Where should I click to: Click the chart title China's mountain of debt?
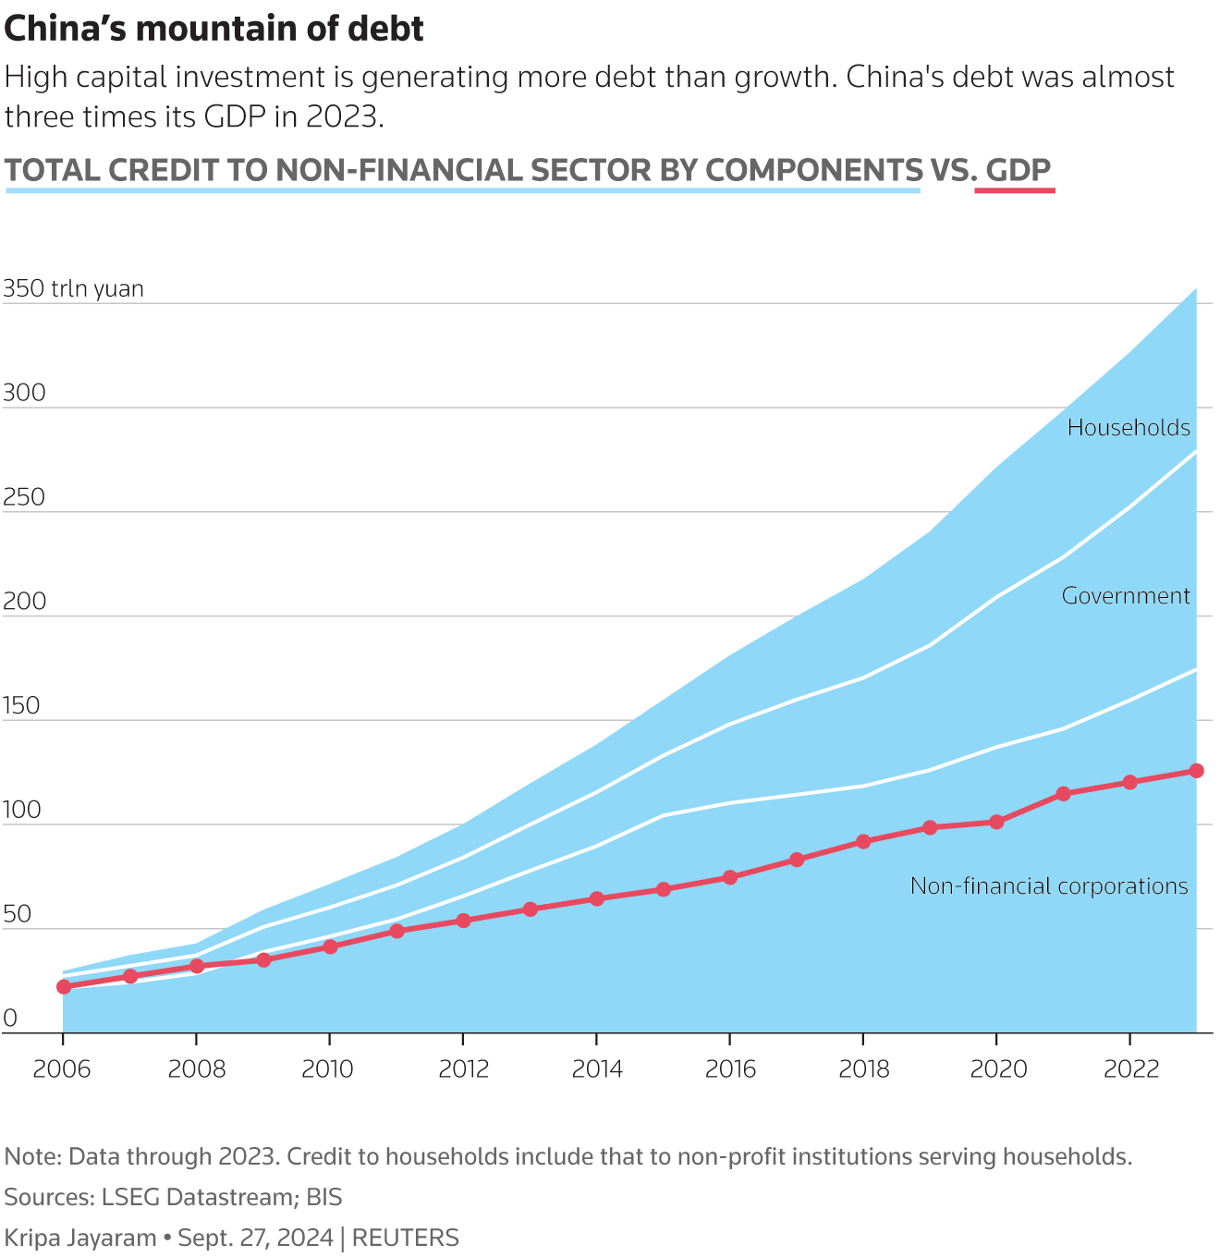213,30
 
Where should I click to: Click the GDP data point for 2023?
1196,771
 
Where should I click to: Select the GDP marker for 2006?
64,987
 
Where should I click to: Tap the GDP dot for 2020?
996,822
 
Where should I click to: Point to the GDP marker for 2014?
597,898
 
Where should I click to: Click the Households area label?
1128,428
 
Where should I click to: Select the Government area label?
1126,596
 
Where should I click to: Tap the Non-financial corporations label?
1049,886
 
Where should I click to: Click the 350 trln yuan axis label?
74,289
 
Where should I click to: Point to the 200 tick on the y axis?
24,602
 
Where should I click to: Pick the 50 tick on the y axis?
18,915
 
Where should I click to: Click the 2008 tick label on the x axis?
197,1070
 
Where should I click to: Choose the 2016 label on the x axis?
730,1070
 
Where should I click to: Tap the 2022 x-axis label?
1131,1070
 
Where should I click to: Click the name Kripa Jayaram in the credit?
79,1238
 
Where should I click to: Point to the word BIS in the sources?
323,1198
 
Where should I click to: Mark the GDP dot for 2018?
863,842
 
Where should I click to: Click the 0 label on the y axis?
11,1019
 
